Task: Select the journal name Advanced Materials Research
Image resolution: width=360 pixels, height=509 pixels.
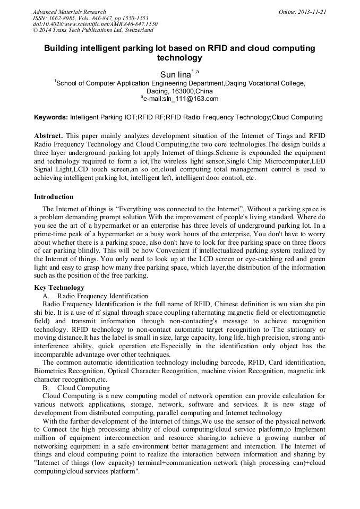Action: pos(69,12)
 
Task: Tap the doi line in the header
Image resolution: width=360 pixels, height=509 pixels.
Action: pos(95,24)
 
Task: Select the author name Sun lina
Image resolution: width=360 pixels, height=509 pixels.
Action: pos(175,75)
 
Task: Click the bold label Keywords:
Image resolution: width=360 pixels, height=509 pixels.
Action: pos(51,117)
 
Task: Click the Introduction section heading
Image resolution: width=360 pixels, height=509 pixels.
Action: pos(54,197)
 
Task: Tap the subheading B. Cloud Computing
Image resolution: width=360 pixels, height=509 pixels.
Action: pos(76,387)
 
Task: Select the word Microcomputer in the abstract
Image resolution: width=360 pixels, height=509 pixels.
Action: pos(271,161)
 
